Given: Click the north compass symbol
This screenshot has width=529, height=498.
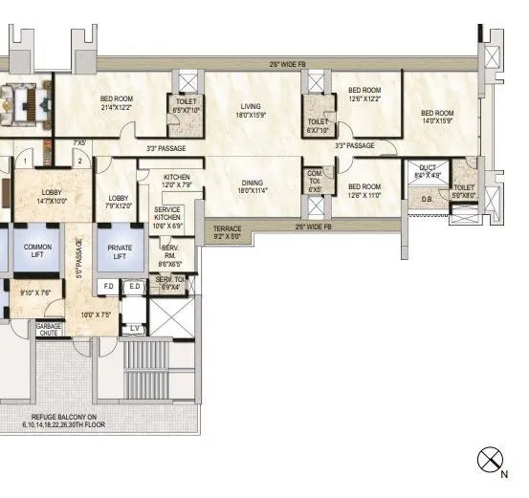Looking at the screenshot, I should click(490, 460).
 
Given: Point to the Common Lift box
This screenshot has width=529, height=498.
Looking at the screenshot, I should click(36, 251).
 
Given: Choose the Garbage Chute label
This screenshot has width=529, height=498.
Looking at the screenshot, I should click(49, 329).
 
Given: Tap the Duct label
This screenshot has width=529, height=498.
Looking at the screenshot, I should click(427, 172).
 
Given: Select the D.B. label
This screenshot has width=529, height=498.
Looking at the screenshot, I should click(427, 200).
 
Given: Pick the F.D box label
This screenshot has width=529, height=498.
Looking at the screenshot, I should click(109, 287).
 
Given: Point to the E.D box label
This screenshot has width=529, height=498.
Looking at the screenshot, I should click(135, 287).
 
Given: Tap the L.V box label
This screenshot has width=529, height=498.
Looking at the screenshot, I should click(135, 329).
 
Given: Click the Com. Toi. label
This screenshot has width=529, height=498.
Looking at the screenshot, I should click(314, 179).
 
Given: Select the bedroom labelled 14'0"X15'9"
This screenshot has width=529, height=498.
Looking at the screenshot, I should click(437, 117).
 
